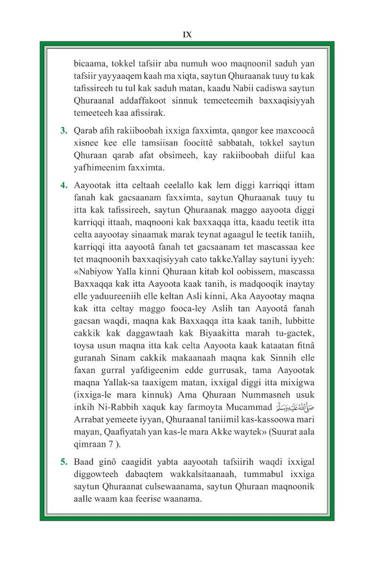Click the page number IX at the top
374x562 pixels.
tap(186, 34)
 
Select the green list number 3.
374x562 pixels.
tap(64, 131)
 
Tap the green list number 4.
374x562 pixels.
tap(64, 184)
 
